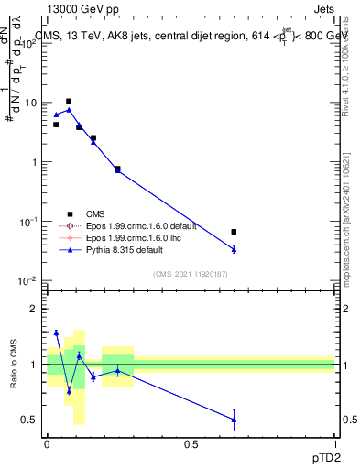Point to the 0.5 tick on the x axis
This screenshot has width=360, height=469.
(191, 442)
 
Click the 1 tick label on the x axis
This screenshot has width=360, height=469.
(335, 442)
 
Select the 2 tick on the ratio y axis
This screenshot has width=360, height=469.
(35, 309)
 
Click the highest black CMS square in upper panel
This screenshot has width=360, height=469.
(69, 102)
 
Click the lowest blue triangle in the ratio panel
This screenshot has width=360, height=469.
(234, 420)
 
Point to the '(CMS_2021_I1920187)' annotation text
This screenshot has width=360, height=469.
(191, 274)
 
